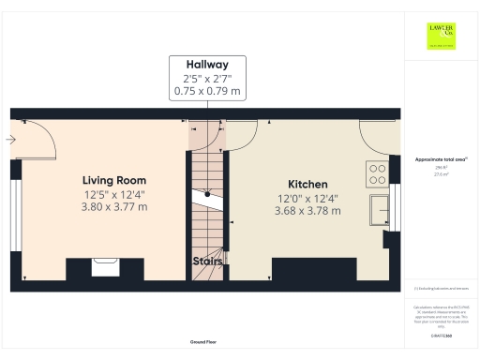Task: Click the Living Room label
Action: [x=113, y=180]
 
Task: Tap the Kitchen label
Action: [x=307, y=184]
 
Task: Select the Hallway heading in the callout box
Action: [x=207, y=66]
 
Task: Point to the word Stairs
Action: [x=207, y=261]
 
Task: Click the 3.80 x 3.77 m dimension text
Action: [x=113, y=207]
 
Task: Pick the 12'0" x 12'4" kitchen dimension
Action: [x=307, y=198]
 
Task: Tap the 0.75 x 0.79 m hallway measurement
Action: [x=207, y=92]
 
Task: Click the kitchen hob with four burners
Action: [x=377, y=174]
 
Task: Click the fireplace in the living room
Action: [x=104, y=267]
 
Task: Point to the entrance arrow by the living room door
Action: [x=9, y=140]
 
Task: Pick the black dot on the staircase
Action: [x=207, y=194]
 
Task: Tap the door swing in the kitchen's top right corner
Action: [x=375, y=136]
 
